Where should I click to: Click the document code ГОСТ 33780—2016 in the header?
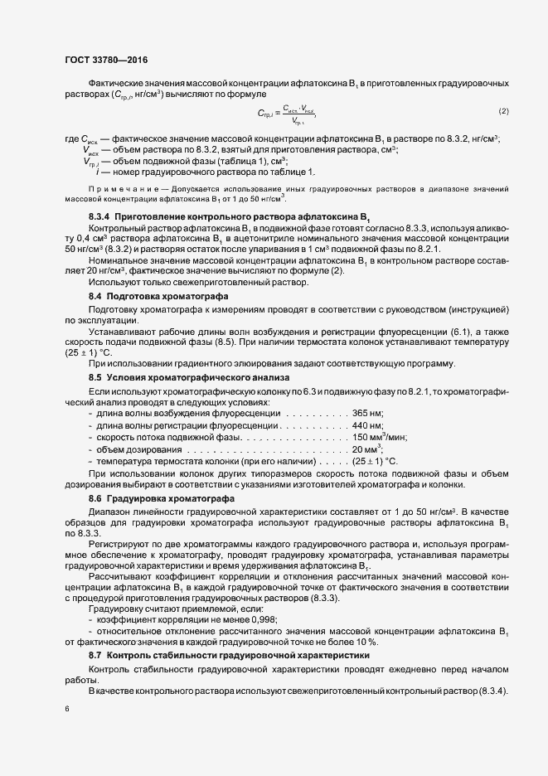[107, 59]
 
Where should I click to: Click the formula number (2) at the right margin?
[503, 111]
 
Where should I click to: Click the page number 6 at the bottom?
[67, 709]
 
